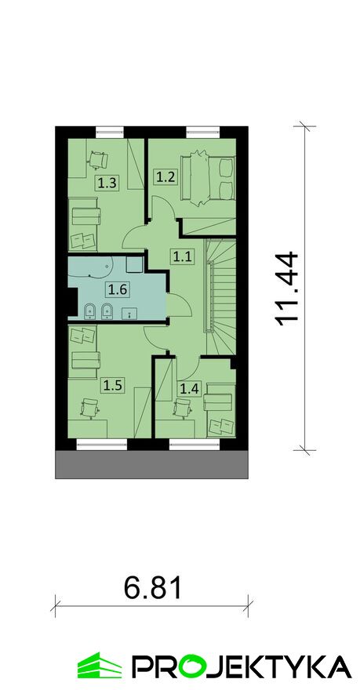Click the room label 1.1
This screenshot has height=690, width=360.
pos(182,256)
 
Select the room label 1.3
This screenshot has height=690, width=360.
pos(107,183)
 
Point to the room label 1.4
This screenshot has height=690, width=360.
pos(189,388)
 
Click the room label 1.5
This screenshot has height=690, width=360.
pos(112,385)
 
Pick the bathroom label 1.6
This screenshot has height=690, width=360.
pos(118,289)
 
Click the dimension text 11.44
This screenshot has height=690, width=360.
pos(285,289)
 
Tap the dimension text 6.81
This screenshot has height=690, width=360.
pos(152,588)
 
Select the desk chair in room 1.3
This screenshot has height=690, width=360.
pos(98,160)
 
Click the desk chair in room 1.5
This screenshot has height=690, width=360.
pos(89,408)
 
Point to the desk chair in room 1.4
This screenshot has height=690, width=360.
pos(182,408)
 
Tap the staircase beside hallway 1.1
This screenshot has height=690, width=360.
pos(221,297)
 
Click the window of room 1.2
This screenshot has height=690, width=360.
pos(202,132)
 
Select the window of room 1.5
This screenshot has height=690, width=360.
pos(102,444)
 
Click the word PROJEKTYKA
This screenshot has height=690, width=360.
pos(242,666)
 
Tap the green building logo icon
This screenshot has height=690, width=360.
pos(100,666)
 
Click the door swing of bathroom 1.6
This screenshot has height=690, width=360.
pos(179,303)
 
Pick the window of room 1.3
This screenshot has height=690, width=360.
pos(110,132)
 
